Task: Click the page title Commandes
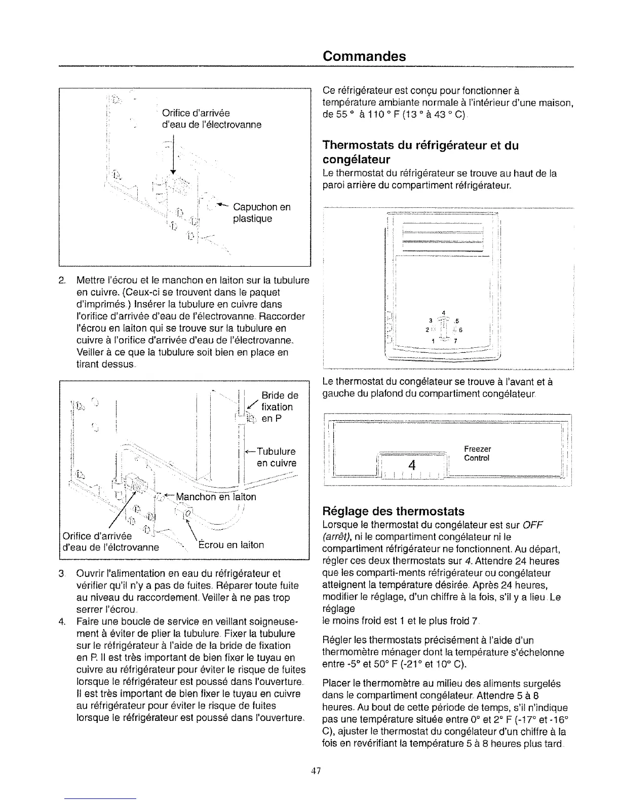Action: [x=364, y=56]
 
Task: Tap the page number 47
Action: [x=316, y=771]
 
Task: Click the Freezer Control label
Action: [x=477, y=454]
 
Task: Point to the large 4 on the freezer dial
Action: [x=412, y=465]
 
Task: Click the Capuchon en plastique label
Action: [x=261, y=213]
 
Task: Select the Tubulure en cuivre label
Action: [x=276, y=457]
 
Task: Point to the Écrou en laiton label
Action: [x=230, y=545]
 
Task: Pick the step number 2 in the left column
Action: [x=62, y=280]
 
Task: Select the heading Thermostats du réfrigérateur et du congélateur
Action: [x=420, y=153]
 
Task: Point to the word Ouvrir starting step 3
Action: [x=91, y=574]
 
